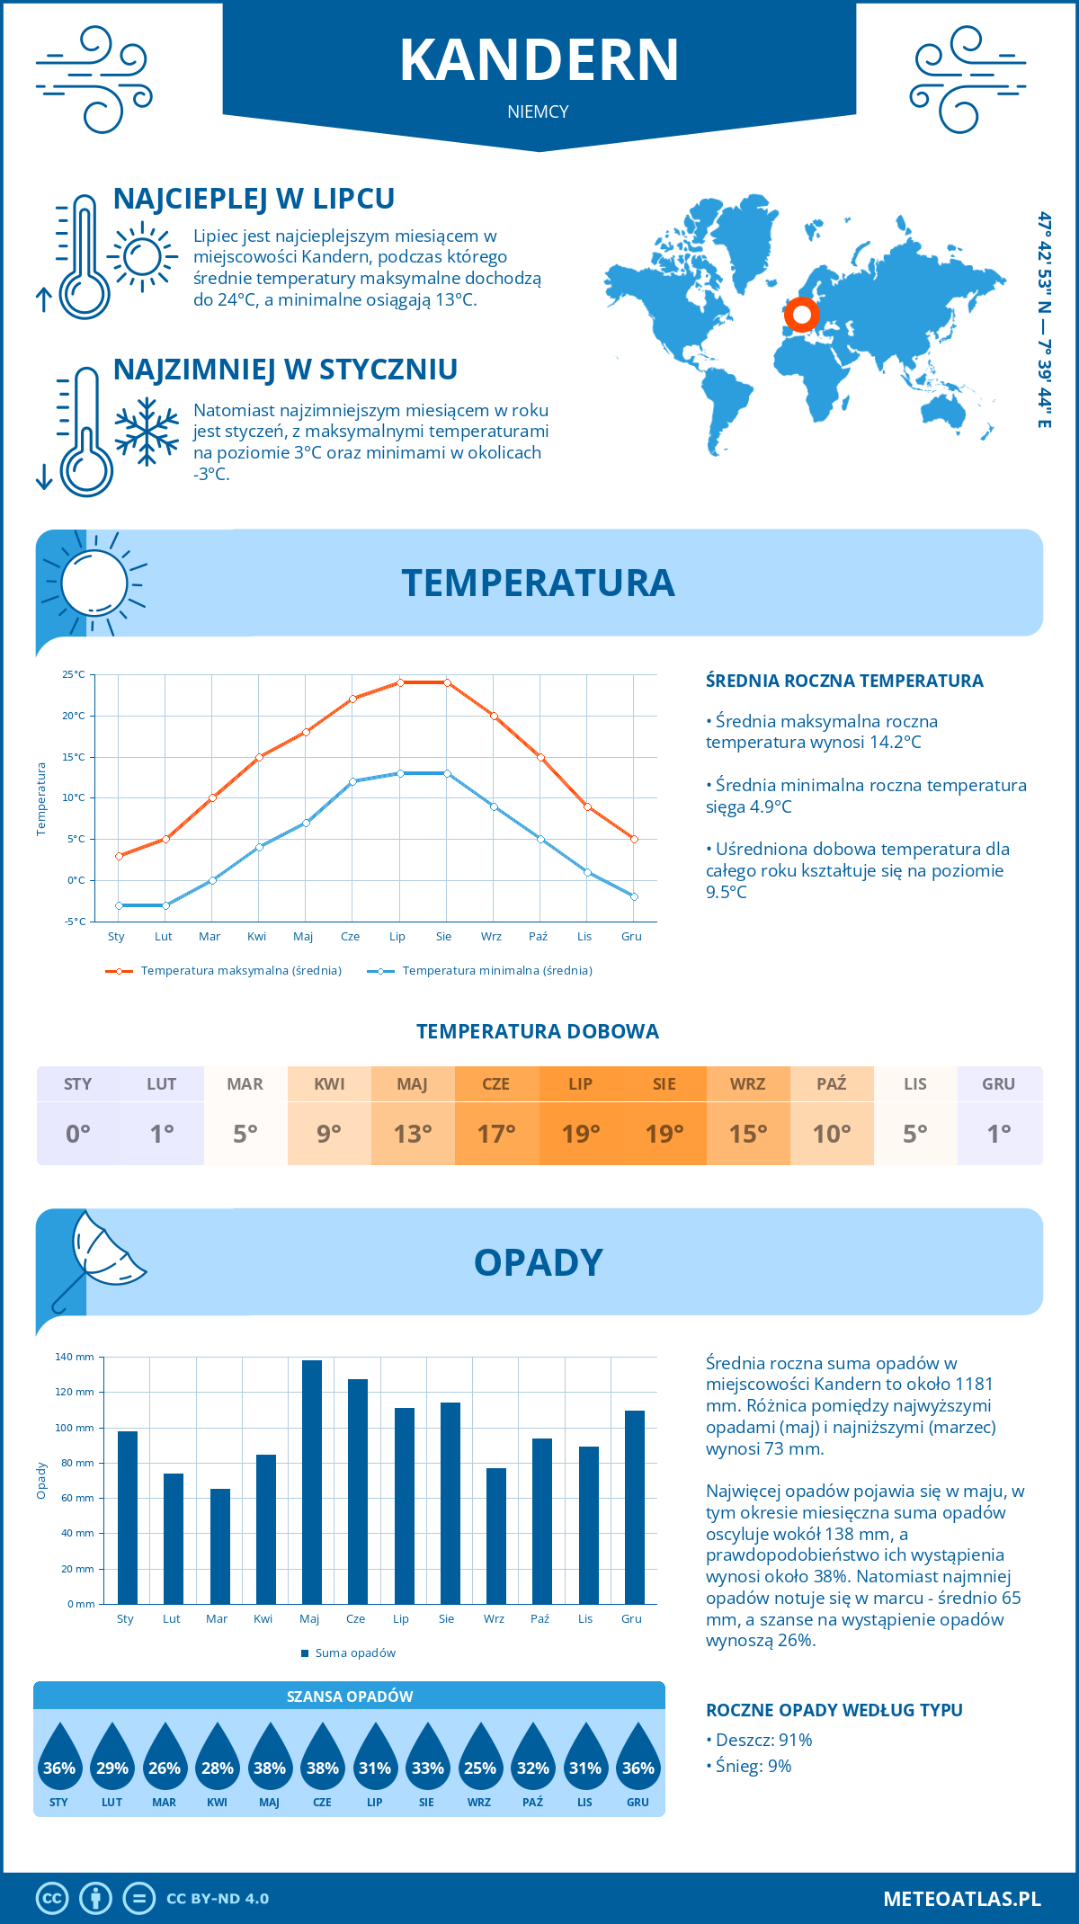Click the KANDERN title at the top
click(539, 60)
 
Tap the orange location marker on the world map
click(801, 315)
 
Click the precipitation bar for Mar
click(219, 1546)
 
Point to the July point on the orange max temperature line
click(400, 682)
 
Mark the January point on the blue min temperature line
click(119, 905)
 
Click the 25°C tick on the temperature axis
click(74, 674)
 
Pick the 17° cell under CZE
click(496, 1133)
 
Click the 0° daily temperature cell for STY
click(78, 1133)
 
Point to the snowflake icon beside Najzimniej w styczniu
click(147, 432)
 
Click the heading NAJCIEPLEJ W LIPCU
click(254, 199)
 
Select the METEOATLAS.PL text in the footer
click(961, 1899)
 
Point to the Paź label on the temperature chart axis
click(538, 937)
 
